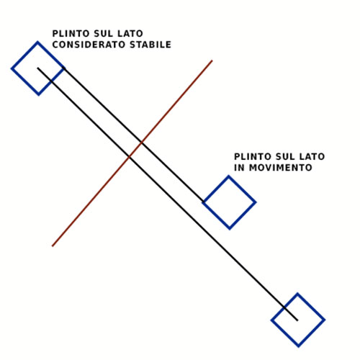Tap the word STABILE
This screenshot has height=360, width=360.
tap(150, 45)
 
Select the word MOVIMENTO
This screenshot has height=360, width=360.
tap(281, 168)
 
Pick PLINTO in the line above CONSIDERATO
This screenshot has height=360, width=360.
tap(71, 34)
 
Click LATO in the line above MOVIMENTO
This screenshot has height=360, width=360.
tap(312, 156)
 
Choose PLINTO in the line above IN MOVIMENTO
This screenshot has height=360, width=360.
tap(253, 156)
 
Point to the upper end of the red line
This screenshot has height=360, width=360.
tap(212, 60)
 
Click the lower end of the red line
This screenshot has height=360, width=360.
tap(53, 246)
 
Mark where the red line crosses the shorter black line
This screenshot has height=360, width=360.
tap(142, 143)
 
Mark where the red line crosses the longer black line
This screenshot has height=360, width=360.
tap(130, 157)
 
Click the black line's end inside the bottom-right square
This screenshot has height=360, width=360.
tap(297, 320)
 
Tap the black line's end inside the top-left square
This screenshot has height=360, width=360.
tap(37, 68)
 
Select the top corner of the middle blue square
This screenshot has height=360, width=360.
tap(228, 176)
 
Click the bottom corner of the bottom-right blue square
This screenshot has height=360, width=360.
tap(298, 347)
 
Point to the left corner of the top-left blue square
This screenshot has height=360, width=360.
tap(11, 68)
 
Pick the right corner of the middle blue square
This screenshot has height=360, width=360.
tap(256, 202)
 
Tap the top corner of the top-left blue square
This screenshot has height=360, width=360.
tap(37, 42)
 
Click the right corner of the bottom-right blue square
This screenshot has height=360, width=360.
tap(325, 320)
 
